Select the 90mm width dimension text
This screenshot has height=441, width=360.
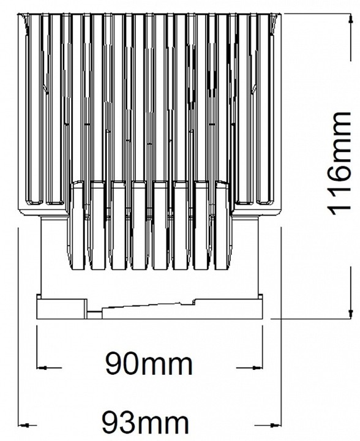click(149, 364)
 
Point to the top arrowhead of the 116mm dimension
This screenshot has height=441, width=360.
click(350, 19)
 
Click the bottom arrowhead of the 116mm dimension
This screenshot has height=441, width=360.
click(350, 314)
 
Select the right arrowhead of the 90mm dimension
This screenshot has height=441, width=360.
click(257, 367)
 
